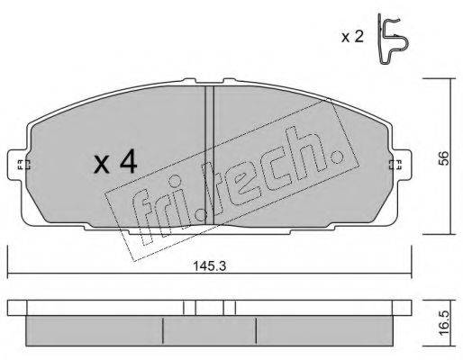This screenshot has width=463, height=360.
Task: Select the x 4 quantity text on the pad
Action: tap(115, 163)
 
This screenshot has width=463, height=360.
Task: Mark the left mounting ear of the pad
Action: tap(21, 165)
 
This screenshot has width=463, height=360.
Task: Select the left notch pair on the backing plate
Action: tap(188, 308)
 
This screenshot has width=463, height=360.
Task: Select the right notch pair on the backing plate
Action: tap(230, 308)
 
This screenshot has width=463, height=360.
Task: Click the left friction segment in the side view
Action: tap(95, 328)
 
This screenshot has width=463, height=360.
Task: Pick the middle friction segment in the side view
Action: tap(209, 328)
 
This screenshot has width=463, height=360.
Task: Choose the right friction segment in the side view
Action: tap(324, 328)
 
